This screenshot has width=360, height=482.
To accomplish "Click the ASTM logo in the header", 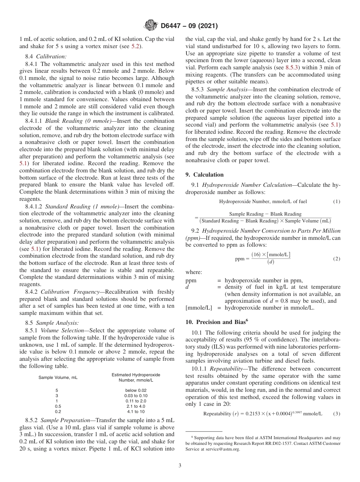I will [x=151, y=26].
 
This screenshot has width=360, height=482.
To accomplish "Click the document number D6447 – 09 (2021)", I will [x=189, y=26].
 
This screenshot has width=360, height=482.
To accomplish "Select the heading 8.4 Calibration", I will [x=45, y=56].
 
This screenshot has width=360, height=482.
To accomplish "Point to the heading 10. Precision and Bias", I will [x=216, y=322].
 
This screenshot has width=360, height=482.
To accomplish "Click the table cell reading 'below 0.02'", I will [x=136, y=390].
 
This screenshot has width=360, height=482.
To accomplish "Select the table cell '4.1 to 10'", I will [x=136, y=412].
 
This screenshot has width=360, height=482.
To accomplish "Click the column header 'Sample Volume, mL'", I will [x=58, y=377].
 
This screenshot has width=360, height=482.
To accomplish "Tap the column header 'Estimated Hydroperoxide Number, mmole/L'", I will [x=136, y=377].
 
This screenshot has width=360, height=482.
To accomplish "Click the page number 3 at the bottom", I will [x=180, y=465].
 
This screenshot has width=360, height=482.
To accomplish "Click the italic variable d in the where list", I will [x=187, y=287].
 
